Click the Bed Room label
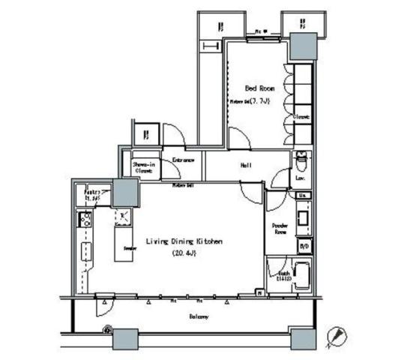point(259,88)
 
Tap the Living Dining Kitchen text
point(184,241)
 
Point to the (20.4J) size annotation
point(183,253)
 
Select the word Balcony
point(199,316)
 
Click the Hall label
point(245,165)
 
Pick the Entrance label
point(184,160)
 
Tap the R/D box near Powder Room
point(304,245)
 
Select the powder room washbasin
point(303,218)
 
